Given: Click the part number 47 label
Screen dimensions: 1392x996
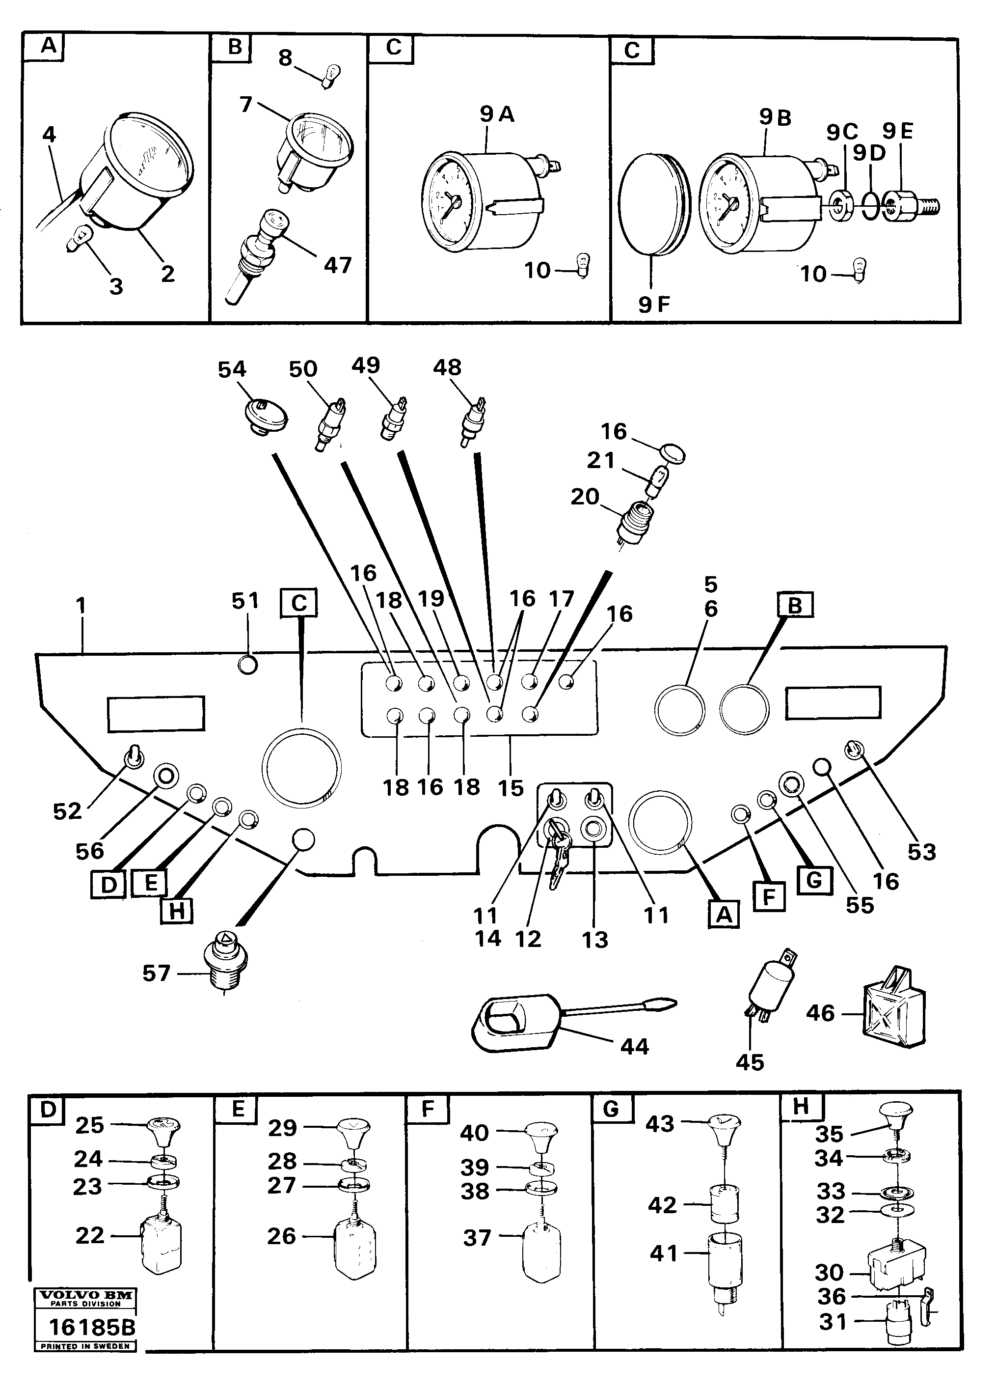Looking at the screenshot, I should click(337, 265).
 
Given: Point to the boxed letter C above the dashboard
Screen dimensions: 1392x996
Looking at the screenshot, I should click(298, 603).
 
